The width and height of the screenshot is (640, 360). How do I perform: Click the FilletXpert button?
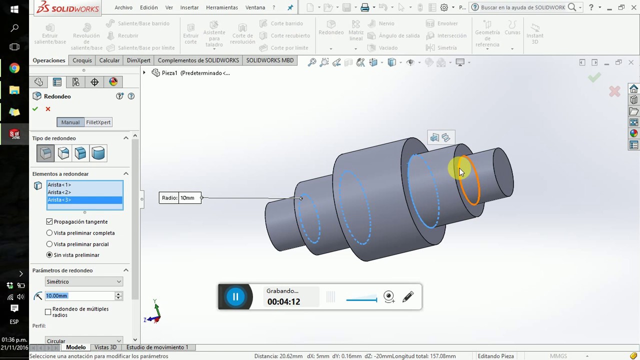pyautogui.click(x=98, y=122)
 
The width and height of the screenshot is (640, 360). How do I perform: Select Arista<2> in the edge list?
pyautogui.click(x=59, y=192)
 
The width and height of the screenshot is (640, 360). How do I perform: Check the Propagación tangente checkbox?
pyautogui.click(x=49, y=221)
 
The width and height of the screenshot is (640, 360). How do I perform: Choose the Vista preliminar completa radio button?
pyautogui.click(x=49, y=233)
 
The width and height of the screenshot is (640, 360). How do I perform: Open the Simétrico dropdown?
pyautogui.click(x=83, y=282)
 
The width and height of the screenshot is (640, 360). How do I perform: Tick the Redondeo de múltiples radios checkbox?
pyautogui.click(x=48, y=312)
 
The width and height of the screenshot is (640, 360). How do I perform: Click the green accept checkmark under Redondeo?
pyautogui.click(x=35, y=109)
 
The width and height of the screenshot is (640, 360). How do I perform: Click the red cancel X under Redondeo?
pyautogui.click(x=48, y=109)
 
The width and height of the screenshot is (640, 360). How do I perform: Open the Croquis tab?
pyautogui.click(x=82, y=60)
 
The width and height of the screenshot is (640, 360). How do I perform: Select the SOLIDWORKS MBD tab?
pyautogui.click(x=270, y=60)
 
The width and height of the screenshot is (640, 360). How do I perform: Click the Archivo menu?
pyautogui.click(x=123, y=7)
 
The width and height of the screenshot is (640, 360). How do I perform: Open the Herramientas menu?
pyautogui.click(x=222, y=7)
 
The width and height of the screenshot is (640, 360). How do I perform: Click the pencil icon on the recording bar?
pyautogui.click(x=408, y=296)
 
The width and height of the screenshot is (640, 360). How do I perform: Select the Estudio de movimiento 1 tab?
pyautogui.click(x=157, y=347)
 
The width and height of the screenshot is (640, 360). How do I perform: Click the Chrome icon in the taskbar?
pyautogui.click(x=14, y=68)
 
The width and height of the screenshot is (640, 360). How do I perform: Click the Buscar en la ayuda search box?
pyautogui.click(x=522, y=7)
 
